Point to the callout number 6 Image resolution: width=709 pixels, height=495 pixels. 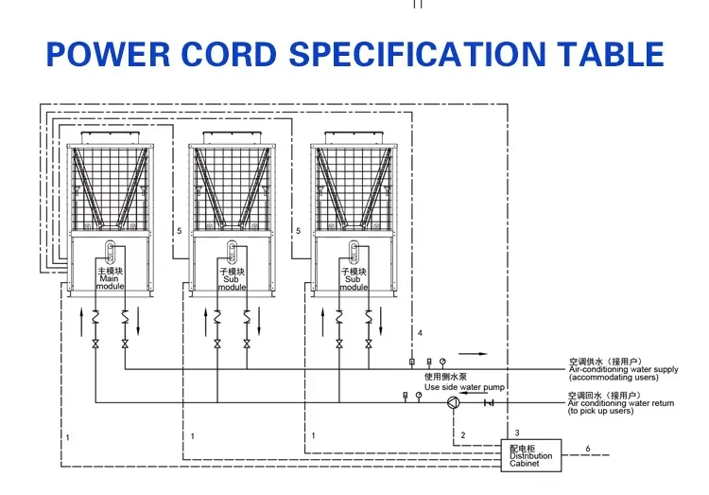(587, 448)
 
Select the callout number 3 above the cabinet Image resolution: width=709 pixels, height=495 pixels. (517, 433)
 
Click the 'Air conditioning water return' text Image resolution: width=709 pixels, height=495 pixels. (620, 403)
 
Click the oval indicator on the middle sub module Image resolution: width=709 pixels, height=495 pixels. (232, 252)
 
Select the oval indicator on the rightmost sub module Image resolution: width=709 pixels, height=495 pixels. (354, 252)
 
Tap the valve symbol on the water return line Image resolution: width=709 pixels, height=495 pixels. (489, 403)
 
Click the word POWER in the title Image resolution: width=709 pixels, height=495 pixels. (98, 53)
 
